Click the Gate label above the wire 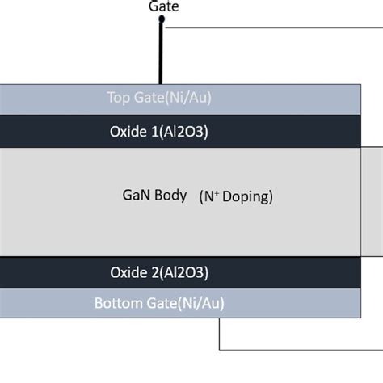pyautogui.click(x=164, y=7)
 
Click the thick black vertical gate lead pyautogui.click(x=162, y=57)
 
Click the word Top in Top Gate pyautogui.click(x=118, y=98)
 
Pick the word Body pyautogui.click(x=170, y=196)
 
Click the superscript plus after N pyautogui.click(x=215, y=192)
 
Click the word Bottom pyautogui.click(x=119, y=304)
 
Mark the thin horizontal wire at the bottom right pyautogui.click(x=299, y=350)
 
